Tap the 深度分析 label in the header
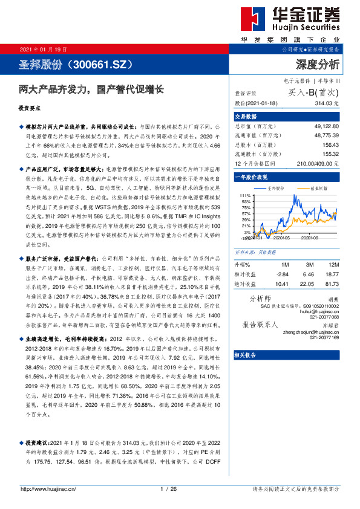[x=317, y=63]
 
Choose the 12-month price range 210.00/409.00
[x=319, y=163]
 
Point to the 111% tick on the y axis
[x=244, y=195]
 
